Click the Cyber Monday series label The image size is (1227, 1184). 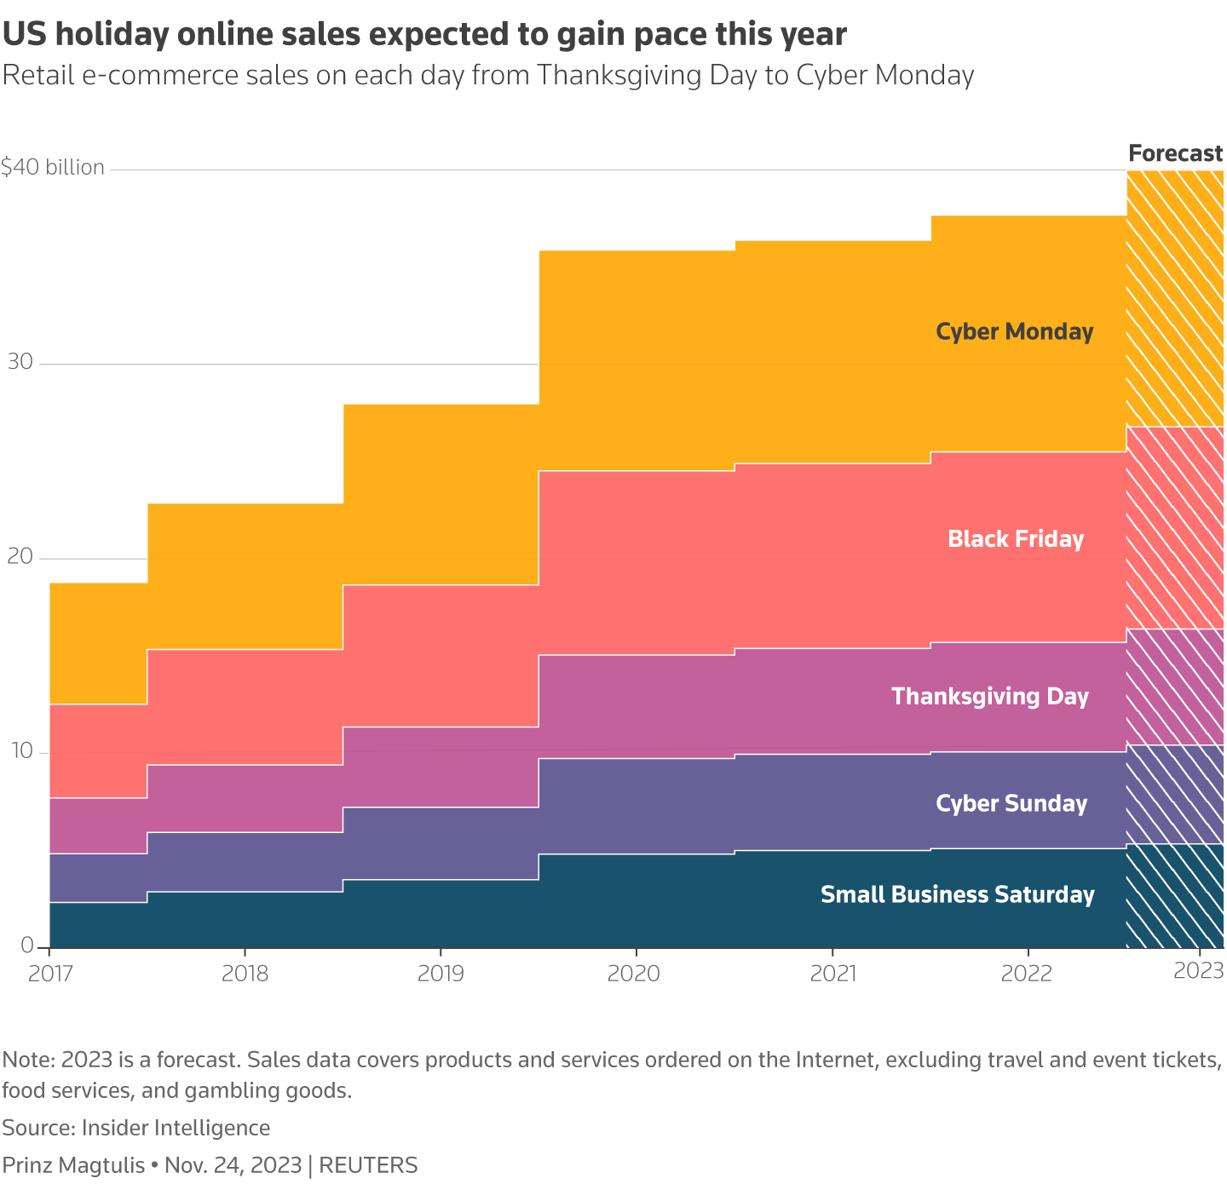click(x=1014, y=331)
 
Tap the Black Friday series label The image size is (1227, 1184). click(x=1015, y=539)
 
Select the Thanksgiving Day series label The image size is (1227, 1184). click(x=990, y=697)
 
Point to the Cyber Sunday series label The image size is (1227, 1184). click(x=1011, y=804)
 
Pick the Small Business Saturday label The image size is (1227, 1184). click(x=957, y=894)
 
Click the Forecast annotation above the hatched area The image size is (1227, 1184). click(x=1175, y=153)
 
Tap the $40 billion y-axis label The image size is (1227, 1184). click(x=53, y=168)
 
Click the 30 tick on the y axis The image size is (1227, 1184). click(x=20, y=362)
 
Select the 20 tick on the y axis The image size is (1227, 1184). click(x=20, y=557)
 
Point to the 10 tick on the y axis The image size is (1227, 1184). click(x=20, y=751)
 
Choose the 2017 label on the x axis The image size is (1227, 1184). click(x=49, y=973)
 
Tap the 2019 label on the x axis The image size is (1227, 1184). click(x=441, y=973)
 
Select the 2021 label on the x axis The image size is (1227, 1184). click(x=832, y=973)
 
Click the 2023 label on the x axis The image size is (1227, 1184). click(x=1199, y=971)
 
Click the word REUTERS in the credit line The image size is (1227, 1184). click(x=368, y=1165)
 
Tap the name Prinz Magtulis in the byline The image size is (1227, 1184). click(x=73, y=1165)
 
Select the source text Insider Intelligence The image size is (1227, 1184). click(x=176, y=1128)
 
